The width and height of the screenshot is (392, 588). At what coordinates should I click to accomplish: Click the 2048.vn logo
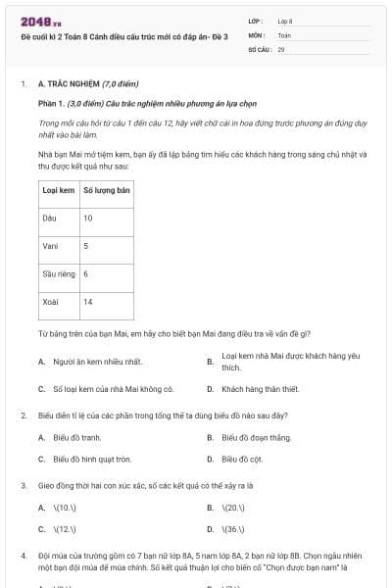[41, 21]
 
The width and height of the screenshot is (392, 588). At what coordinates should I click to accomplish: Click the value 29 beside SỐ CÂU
[281, 48]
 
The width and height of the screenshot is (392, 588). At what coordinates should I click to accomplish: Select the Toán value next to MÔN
[284, 34]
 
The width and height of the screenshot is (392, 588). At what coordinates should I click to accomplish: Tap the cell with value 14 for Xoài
[88, 301]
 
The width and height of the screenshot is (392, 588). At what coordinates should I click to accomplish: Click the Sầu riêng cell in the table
[59, 273]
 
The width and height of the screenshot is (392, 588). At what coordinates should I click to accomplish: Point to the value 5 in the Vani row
[85, 245]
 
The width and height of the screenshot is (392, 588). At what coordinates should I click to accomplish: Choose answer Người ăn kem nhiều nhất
[97, 362]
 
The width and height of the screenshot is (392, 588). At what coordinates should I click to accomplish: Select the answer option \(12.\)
[64, 529]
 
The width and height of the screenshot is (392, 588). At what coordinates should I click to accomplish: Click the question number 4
[23, 555]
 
